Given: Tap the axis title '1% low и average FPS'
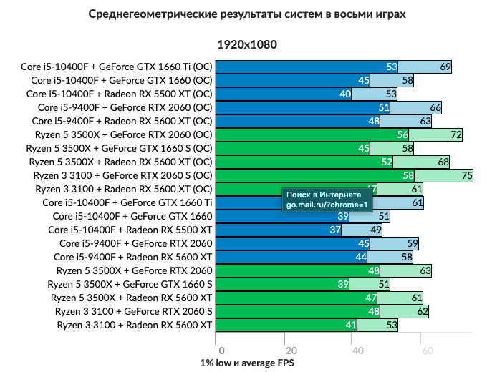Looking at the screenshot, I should click(246, 363).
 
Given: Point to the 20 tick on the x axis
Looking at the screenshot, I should click(290, 351).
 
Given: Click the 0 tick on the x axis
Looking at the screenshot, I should click(222, 351).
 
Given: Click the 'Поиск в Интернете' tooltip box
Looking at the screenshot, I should click(327, 199).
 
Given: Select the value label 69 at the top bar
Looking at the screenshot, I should click(445, 67).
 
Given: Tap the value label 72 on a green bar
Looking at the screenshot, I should click(455, 134).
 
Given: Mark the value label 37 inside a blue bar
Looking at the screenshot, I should click(335, 230).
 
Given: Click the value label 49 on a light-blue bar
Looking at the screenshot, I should click(376, 230).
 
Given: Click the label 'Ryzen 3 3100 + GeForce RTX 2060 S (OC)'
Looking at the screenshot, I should click(120, 175).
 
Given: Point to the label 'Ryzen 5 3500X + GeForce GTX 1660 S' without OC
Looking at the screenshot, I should click(130, 284).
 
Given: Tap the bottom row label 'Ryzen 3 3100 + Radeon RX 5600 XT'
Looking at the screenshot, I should click(134, 325).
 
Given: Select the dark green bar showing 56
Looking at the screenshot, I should click(308, 134).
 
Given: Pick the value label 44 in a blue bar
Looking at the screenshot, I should click(362, 257).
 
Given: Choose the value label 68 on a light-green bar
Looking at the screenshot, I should click(443, 162).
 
